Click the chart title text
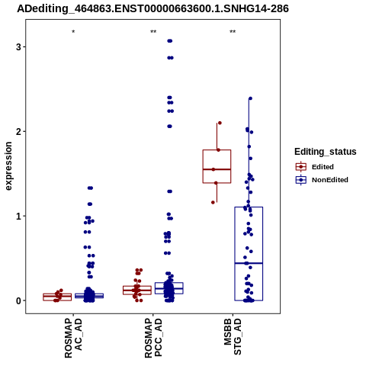152,8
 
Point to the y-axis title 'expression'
8,166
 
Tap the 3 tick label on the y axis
18,47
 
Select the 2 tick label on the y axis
18,131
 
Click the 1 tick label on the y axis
18,216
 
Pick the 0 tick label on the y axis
18,300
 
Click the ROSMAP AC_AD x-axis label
73,338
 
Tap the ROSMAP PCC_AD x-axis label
153,338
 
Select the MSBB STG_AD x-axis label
233,337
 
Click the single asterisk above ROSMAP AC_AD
73,32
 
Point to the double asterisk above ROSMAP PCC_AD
153,32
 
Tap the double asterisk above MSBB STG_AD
233,32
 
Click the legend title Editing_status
326,152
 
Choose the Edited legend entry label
323,167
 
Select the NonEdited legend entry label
330,180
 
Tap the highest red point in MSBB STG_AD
220,123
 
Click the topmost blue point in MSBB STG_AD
250,98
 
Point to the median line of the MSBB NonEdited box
249,263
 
